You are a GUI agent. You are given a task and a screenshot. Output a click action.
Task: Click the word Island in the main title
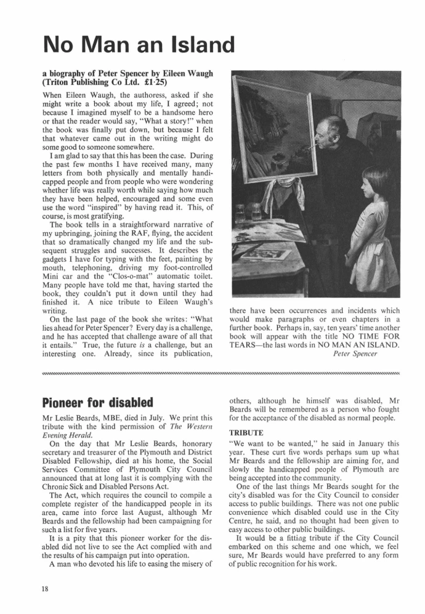(195, 44)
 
